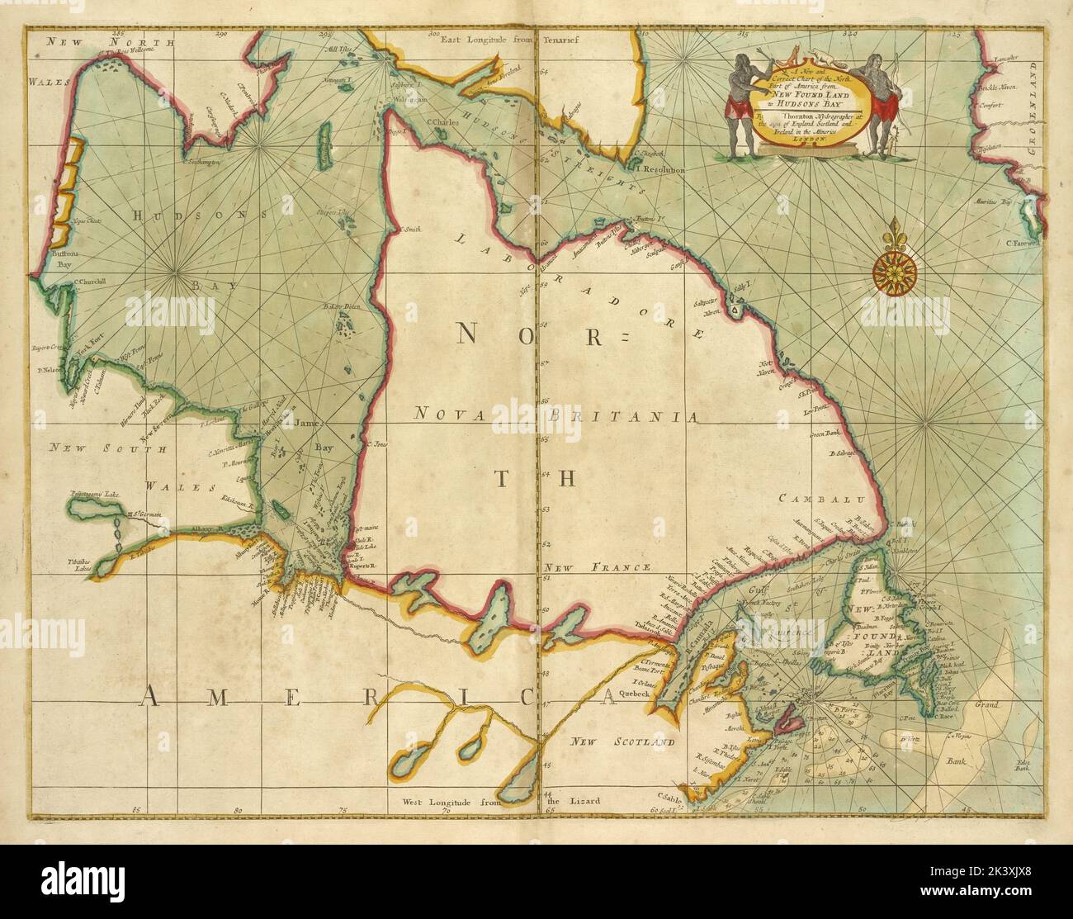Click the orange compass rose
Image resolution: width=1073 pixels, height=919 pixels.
click(891, 266)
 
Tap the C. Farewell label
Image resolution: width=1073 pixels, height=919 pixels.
click(1025, 244)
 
